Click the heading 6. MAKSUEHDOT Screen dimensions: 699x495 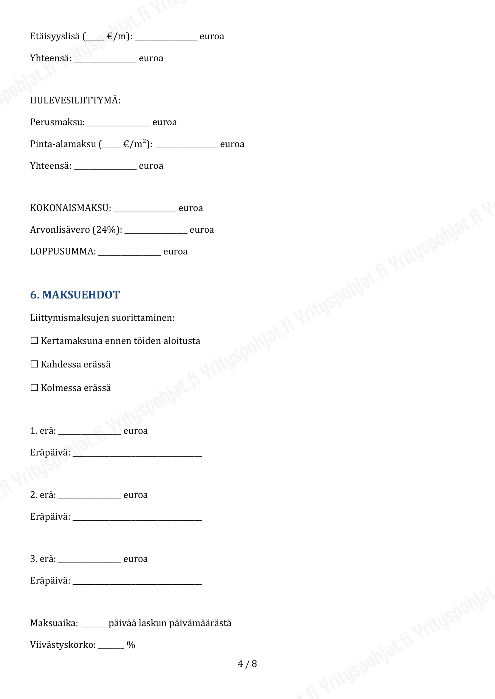tap(75, 295)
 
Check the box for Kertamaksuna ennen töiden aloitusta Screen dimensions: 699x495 tap(34, 340)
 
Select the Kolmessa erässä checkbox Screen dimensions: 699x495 tap(34, 387)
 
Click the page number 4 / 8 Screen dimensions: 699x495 tap(247, 664)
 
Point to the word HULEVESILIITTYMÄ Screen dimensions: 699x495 tap(75, 100)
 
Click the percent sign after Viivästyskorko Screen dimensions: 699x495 tap(131, 645)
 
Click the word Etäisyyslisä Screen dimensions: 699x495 tap(55, 36)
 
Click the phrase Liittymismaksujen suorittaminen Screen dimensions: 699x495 tap(102, 318)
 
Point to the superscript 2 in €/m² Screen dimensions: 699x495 tap(145, 141)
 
